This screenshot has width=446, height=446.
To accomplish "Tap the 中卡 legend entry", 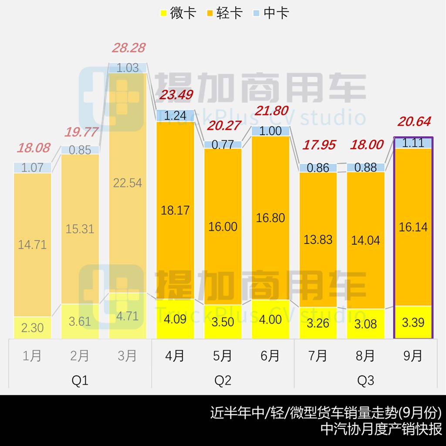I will (270, 13).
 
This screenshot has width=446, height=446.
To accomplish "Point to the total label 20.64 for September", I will (413, 122).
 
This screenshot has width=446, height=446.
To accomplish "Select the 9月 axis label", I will (413, 356).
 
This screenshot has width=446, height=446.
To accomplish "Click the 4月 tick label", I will (175, 356).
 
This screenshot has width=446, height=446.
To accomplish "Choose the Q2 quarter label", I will (223, 381).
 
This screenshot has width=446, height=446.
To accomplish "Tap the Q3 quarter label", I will (365, 381).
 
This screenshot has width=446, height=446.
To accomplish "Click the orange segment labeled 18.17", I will (175, 210).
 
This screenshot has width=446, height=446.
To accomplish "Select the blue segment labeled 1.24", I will (175, 115).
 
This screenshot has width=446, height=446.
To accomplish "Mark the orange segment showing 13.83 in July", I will (318, 240).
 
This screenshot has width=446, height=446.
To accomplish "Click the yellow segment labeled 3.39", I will (413, 322).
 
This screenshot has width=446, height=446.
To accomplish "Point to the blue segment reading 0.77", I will (223, 144).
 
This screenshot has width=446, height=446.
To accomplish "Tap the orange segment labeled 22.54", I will (128, 183).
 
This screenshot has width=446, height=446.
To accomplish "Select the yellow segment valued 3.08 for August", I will (365, 324).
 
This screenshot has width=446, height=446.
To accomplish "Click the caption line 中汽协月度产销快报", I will (381, 428).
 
